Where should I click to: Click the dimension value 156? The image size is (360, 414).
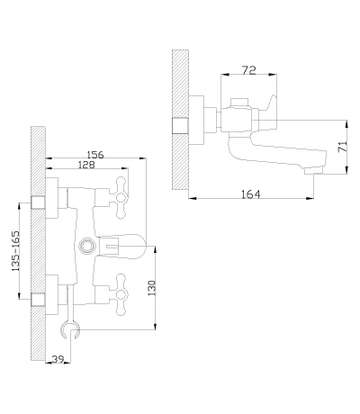point(95,155)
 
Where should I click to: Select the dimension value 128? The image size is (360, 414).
point(86,165)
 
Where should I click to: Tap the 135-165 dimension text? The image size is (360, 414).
point(15,251)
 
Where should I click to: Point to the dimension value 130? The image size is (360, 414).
point(152,288)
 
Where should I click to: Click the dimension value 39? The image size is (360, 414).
point(58,359)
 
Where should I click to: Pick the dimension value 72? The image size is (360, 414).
point(248,70)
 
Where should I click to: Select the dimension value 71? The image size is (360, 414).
point(343,147)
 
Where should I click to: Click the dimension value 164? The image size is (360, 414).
point(251,194)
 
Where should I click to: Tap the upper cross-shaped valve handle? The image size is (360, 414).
point(121,198)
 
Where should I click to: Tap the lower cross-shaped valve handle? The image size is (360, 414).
point(121,295)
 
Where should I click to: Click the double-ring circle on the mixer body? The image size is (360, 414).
point(86,246)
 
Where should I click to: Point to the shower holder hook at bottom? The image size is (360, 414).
point(70,330)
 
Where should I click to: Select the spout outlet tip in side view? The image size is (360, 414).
point(313,172)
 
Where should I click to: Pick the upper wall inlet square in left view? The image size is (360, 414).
point(38,202)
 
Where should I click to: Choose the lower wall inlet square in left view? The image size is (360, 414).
point(38,300)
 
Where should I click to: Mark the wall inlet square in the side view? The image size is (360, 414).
point(180,125)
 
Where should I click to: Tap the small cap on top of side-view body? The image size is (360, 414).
point(239,103)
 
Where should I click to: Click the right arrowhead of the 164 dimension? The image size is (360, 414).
point(310,198)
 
